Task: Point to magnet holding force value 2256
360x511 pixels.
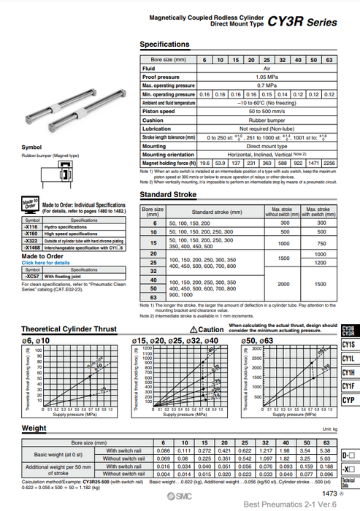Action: pyautogui.click(x=329, y=163)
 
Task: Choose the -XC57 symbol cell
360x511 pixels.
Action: pyautogui.click(x=34, y=277)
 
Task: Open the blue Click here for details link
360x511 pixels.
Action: pyautogui.click(x=47, y=262)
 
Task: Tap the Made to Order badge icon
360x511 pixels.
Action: pyautogui.click(x=30, y=208)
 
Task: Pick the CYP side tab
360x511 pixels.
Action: pyautogui.click(x=348, y=400)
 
